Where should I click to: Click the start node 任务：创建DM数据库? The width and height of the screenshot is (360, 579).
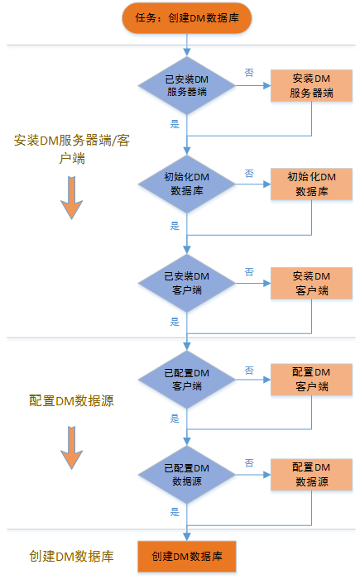(x=187, y=18)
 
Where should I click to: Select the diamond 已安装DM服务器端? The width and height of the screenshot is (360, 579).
(x=187, y=86)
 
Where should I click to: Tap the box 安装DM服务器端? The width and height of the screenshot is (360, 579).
(x=311, y=86)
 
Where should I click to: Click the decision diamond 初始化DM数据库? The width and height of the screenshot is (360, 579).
(x=187, y=184)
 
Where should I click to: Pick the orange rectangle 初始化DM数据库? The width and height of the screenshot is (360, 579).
(x=311, y=184)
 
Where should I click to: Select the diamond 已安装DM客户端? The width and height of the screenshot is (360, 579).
(x=187, y=283)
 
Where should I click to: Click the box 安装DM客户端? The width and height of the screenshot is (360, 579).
(x=311, y=283)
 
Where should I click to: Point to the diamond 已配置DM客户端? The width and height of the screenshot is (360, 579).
(x=187, y=380)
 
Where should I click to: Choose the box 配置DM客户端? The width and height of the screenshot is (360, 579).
(x=311, y=380)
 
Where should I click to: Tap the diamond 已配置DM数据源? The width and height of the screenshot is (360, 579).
(x=187, y=475)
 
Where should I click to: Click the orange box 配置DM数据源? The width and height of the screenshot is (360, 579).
(x=311, y=475)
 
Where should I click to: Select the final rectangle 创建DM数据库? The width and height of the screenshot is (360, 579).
(x=187, y=556)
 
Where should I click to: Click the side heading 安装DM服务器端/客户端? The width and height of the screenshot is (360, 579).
(x=72, y=149)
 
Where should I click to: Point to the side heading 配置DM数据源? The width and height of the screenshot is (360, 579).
(x=72, y=400)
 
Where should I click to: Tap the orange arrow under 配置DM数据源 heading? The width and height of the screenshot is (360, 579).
(x=72, y=447)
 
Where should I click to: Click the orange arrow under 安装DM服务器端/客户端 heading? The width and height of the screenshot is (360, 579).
(x=72, y=198)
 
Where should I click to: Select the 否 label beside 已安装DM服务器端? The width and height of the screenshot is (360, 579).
(x=249, y=73)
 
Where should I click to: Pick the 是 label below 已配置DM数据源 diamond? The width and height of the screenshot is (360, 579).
(x=175, y=512)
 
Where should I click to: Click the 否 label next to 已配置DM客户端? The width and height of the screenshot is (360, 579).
(x=249, y=371)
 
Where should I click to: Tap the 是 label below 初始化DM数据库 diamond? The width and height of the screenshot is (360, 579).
(x=175, y=226)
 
